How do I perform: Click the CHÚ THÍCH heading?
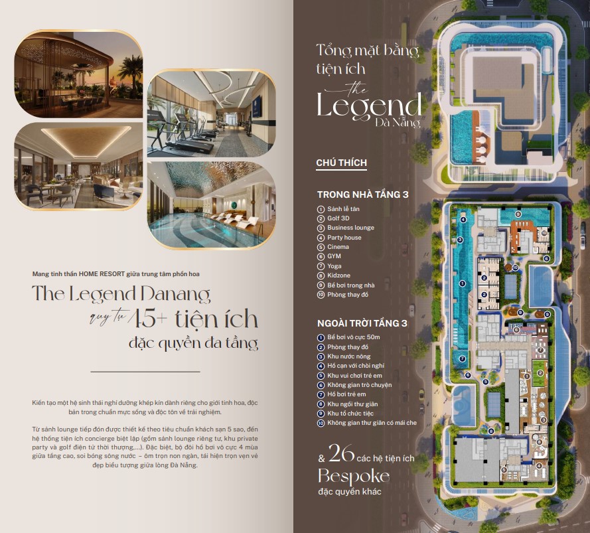pos(341,163)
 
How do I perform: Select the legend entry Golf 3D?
pos(338,218)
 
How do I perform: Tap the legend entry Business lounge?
pos(350,228)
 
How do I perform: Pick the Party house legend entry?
pos(344,238)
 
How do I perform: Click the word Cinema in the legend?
pos(338,247)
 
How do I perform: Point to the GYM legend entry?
pos(334,256)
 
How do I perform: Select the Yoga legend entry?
pos(334,266)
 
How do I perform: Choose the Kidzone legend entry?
pos(338,275)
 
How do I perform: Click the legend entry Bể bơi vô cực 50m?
pos(353,337)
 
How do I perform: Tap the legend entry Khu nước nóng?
pos(349,356)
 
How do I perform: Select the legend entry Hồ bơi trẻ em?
pos(346,394)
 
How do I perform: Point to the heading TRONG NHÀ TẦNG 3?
pos(363,194)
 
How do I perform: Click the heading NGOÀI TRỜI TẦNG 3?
pos(362,323)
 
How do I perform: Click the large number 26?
pos(341,453)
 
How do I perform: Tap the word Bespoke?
pos(354,477)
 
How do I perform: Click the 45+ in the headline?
pos(148,319)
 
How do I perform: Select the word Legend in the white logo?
pos(369,106)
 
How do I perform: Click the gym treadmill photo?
pos(212,114)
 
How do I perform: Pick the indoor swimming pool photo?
pos(212,204)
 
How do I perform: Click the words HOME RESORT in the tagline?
pos(102,274)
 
